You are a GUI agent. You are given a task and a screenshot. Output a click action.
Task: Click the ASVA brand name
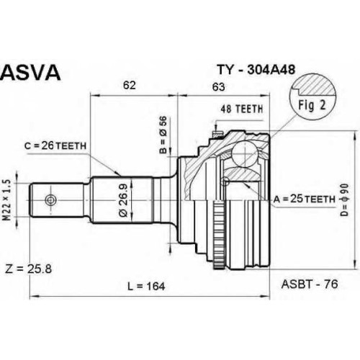[x=30, y=72]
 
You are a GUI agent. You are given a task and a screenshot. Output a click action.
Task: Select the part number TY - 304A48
[x=256, y=70]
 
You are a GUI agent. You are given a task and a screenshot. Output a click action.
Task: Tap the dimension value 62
[x=130, y=85]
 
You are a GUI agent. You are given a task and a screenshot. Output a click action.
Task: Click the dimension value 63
[x=219, y=87]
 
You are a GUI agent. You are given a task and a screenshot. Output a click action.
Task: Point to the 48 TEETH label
[x=242, y=109]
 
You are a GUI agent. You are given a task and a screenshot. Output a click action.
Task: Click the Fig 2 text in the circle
[x=312, y=105]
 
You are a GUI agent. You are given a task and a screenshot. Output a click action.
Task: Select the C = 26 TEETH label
[x=55, y=145]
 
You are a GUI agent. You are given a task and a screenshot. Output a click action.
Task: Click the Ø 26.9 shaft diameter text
[x=124, y=197]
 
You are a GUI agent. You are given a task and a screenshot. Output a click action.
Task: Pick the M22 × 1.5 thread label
[x=8, y=200]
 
